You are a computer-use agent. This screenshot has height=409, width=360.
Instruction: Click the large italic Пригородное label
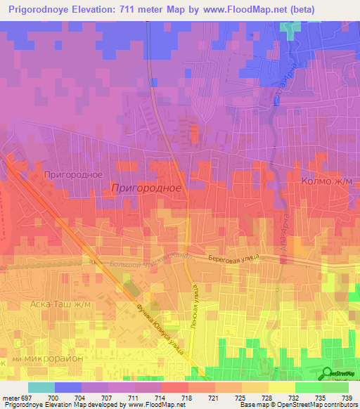tap(146, 188)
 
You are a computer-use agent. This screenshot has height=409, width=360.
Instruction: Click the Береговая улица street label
tap(233, 258)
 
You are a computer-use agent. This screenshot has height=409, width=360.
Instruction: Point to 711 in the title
tap(140, 10)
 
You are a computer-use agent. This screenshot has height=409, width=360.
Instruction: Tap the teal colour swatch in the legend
tap(41, 387)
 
